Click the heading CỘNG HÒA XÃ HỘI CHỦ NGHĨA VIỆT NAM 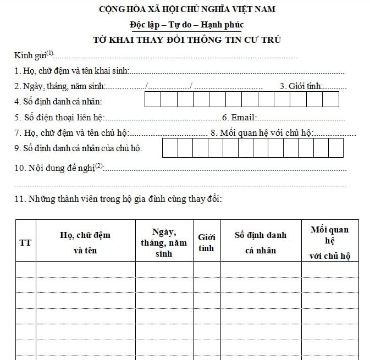pos(186,9)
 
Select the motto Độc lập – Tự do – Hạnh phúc pos(186,25)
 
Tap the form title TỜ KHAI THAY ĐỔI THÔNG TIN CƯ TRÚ pos(186,40)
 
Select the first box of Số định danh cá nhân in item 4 pos(153,99)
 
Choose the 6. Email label pos(239,118)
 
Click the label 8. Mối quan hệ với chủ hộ pos(261,132)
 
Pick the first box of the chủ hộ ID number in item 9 pos(170,147)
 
